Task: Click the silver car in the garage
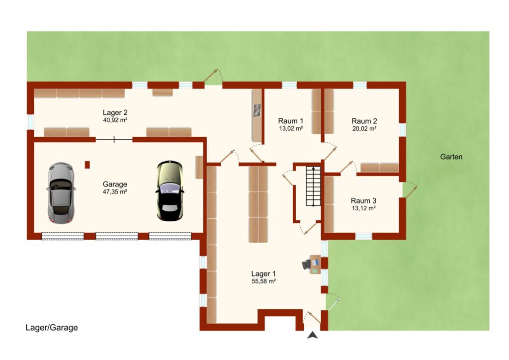(61, 193)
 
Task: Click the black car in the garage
(170, 190)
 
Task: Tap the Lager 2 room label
(115, 113)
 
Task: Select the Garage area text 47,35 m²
(115, 192)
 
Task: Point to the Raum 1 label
(290, 121)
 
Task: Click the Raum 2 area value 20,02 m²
(364, 129)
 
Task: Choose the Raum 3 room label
(363, 201)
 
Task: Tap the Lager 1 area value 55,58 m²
(263, 281)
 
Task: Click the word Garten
(451, 157)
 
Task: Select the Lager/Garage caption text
(52, 328)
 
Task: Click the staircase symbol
(313, 186)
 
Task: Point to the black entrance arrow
(312, 335)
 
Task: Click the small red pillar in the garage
(87, 165)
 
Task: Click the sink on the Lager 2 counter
(257, 110)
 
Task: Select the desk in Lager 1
(315, 265)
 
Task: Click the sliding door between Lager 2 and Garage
(114, 140)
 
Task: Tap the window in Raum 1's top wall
(289, 85)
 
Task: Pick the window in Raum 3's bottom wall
(363, 236)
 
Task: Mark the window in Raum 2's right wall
(403, 129)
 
